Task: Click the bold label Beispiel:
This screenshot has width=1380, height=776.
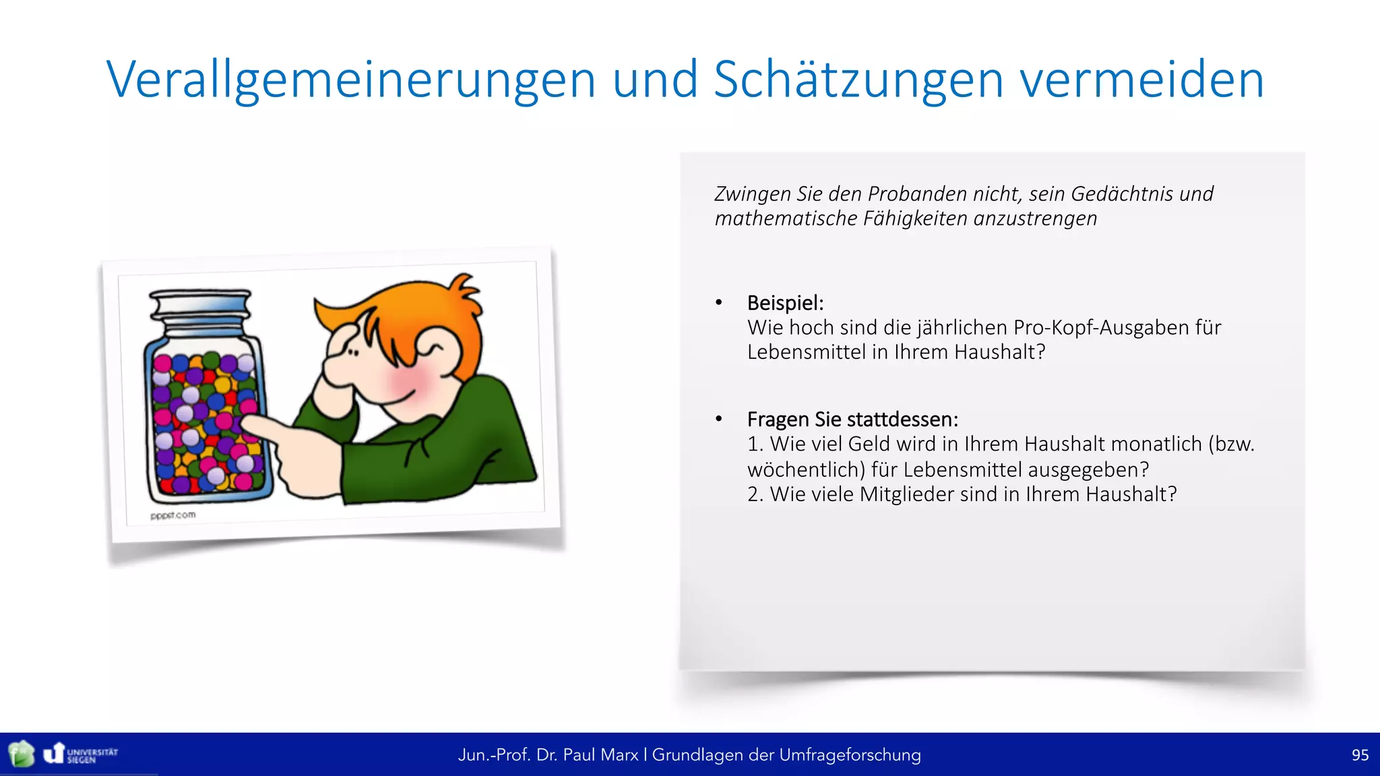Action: [x=785, y=303]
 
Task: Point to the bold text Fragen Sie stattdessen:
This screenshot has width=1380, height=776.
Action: [x=852, y=420]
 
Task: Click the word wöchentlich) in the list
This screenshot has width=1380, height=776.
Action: [x=806, y=470]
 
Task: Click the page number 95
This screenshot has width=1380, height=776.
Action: [x=1360, y=755]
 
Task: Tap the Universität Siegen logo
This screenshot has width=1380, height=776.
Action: [x=81, y=754]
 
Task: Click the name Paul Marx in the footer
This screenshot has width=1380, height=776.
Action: [x=600, y=755]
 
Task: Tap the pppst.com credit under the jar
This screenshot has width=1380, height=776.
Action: [x=173, y=515]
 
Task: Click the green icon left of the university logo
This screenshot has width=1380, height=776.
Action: [x=22, y=754]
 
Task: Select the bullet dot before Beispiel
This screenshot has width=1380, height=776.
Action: [x=719, y=303]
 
